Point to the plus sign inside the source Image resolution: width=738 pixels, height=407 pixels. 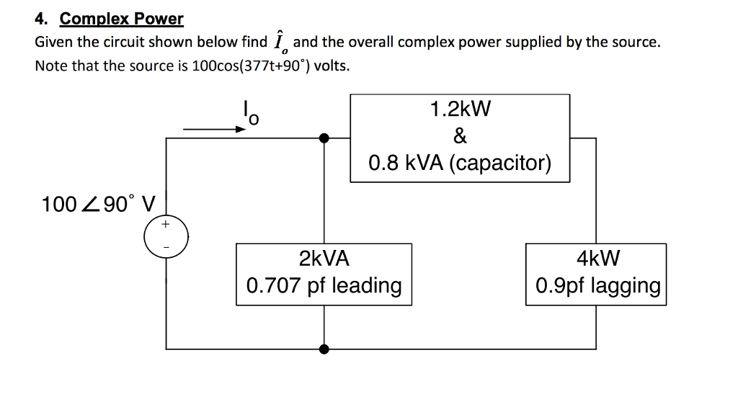(166, 225)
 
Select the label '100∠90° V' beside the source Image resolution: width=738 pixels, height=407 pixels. (99, 204)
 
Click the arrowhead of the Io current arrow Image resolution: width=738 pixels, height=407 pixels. (242, 130)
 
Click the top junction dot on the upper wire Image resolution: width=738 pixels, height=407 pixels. (325, 137)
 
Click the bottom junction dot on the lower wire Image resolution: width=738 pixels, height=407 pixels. (325, 349)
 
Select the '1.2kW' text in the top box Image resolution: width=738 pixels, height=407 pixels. (460, 109)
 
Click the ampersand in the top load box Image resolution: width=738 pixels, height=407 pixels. (460, 136)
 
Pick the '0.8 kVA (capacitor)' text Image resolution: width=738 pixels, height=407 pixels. (460, 163)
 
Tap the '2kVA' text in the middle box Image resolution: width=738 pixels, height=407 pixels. (324, 259)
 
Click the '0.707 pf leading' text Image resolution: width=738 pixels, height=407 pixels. (324, 286)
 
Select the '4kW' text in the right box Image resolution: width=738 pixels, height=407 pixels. (597, 259)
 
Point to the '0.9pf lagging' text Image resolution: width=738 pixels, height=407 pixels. (597, 287)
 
